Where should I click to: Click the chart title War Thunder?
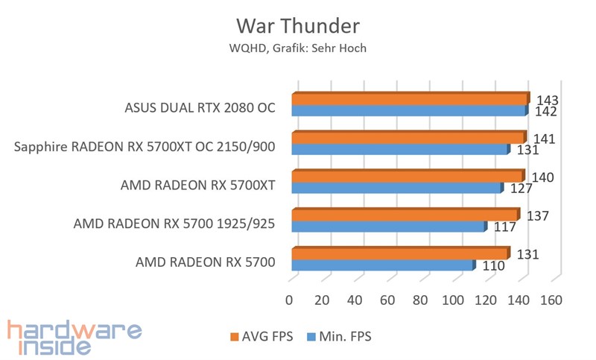coord(298,25)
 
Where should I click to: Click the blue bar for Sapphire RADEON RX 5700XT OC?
coord(399,150)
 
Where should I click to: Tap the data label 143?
coord(548,100)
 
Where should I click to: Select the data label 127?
coord(521,189)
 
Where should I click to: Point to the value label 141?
coord(543,138)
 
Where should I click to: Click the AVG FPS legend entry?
coord(263,337)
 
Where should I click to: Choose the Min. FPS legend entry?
coord(338,337)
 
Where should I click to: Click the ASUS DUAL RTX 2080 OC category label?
coord(200,107)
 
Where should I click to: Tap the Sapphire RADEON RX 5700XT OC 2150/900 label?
coord(145,146)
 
